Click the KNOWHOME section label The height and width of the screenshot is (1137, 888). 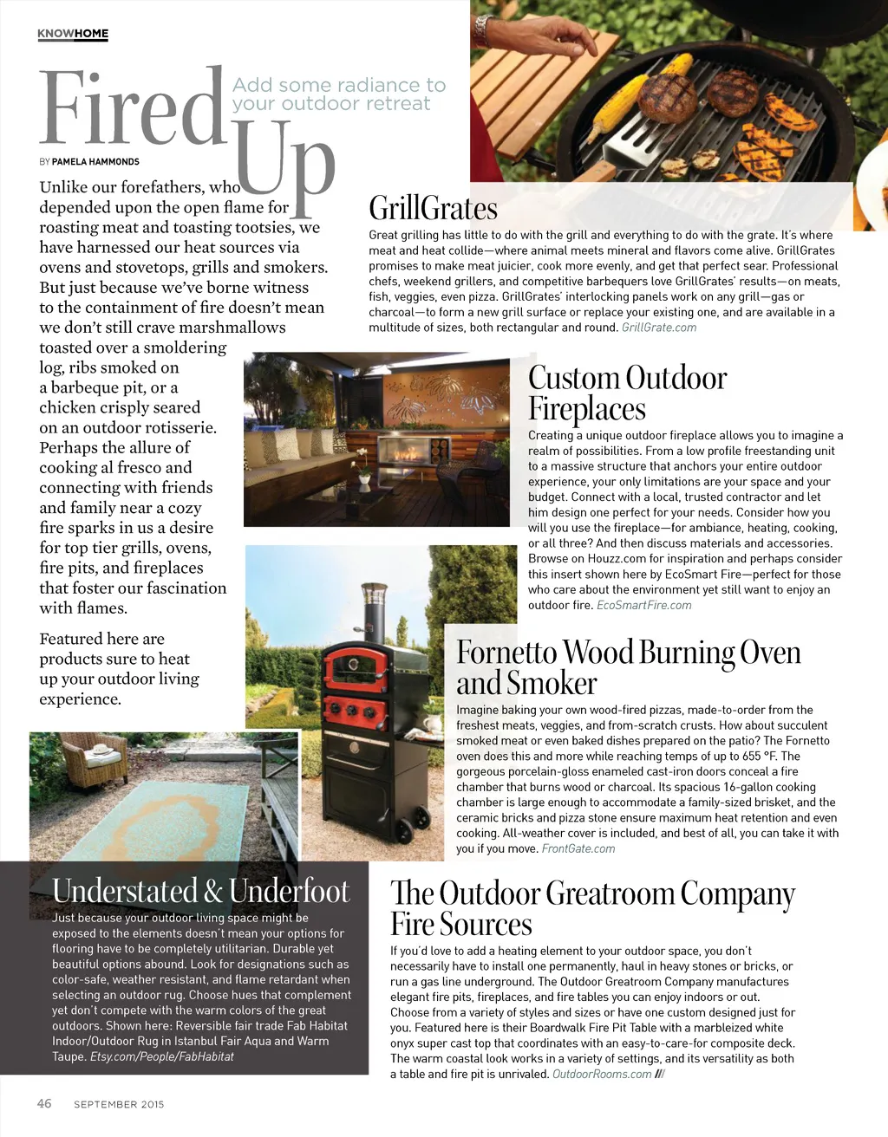pos(73,34)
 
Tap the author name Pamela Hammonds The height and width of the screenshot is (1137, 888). pos(95,161)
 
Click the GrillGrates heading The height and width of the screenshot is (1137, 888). pos(433,209)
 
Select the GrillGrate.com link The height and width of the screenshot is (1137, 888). pos(659,328)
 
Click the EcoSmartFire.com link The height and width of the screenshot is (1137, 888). pos(643,605)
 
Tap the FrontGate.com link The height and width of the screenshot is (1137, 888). pos(578,848)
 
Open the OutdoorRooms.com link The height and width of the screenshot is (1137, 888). pos(602,1074)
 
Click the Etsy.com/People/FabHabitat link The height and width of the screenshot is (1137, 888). pos(162,1056)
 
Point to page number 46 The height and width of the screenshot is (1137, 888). pos(44,1103)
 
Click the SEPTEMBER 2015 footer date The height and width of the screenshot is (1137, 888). pos(119,1104)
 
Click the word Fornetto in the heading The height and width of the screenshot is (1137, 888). pos(507,653)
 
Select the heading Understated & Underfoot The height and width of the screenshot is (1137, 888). pos(200,891)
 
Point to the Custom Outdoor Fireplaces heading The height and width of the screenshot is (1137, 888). pos(627,393)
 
